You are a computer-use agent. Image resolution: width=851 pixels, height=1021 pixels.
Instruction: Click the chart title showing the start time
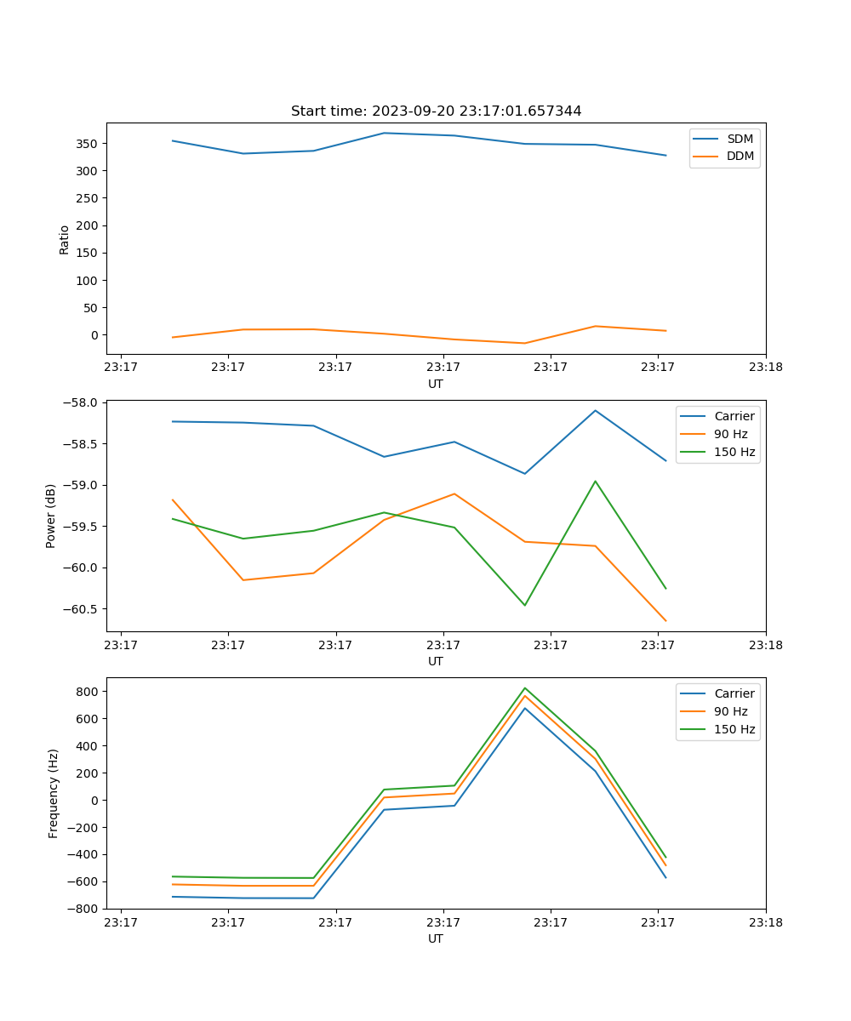pos(436,111)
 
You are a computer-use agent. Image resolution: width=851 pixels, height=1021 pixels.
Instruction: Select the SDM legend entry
pos(740,139)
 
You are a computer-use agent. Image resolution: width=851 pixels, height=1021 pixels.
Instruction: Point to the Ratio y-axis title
pos(65,239)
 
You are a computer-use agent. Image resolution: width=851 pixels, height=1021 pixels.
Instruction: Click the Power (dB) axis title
pos(51,516)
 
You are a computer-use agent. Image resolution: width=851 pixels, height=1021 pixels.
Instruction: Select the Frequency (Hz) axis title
pos(54,793)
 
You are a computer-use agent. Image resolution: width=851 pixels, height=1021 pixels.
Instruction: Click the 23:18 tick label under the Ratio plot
pos(765,368)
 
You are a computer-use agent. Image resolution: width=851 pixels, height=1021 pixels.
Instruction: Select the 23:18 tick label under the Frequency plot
pos(765,922)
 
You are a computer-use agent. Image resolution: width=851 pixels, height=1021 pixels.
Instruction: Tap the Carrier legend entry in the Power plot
pos(734,416)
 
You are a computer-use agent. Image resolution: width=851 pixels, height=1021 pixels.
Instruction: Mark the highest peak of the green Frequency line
pos(524,687)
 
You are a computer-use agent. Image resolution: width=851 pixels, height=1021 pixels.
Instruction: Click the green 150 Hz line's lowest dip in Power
pos(524,605)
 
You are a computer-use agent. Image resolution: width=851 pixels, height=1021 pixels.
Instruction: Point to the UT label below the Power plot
pos(436,661)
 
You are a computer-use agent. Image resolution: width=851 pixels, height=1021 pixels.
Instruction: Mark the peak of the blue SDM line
pos(384,133)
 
